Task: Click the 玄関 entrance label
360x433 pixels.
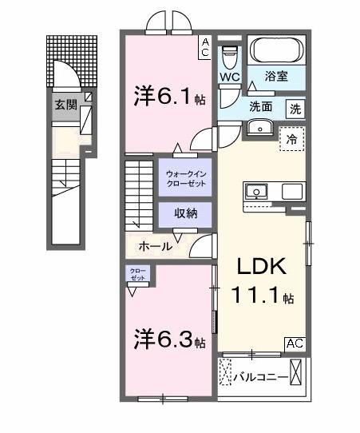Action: pos(65,104)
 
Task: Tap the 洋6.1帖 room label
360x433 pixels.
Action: pos(167,97)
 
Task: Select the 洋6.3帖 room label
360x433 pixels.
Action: pos(169,340)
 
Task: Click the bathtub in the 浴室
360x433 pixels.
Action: pos(276,50)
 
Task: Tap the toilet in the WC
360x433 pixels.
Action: pos(229,56)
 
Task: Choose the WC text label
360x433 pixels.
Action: pos(230,77)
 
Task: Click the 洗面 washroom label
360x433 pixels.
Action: pos(261,106)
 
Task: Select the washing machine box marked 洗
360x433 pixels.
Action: pos(295,107)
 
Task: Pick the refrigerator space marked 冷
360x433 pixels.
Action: pos(292,139)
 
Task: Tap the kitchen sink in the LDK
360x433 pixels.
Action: pos(257,192)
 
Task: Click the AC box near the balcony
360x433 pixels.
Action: pos(295,344)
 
